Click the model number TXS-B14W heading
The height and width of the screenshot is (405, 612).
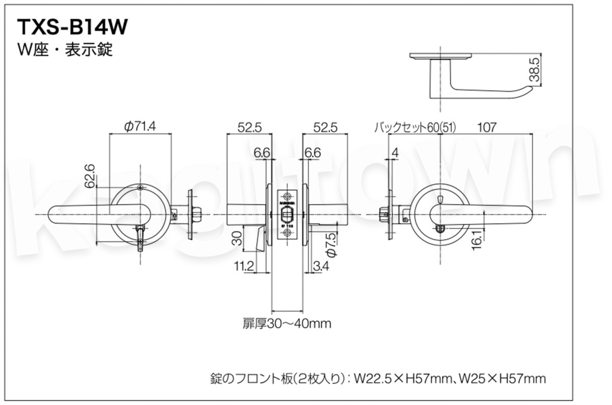pyautogui.click(x=72, y=27)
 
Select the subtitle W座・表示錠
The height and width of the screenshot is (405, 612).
pyautogui.click(x=65, y=50)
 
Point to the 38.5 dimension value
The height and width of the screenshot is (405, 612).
pyautogui.click(x=534, y=70)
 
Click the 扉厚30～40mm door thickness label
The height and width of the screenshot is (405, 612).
pyautogui.click(x=288, y=323)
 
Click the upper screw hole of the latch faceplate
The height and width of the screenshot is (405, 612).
pyautogui.click(x=288, y=196)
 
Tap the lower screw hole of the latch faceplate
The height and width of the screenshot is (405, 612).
pyautogui.click(x=288, y=233)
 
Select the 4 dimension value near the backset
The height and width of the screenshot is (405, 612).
pyautogui.click(x=395, y=152)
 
